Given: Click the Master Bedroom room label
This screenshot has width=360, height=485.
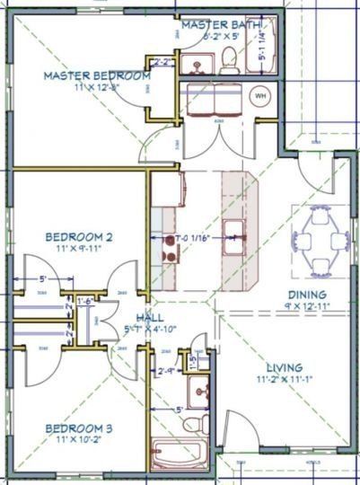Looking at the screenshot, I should tap(96, 76).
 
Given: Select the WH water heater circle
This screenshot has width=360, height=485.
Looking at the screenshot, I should tap(261, 95).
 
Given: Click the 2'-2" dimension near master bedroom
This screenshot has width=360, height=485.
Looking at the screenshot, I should tap(163, 62).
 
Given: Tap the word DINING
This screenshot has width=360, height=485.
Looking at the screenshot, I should tap(306, 295).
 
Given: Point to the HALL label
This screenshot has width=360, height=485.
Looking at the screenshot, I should tap(148, 319).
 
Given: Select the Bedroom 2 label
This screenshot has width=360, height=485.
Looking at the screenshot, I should tap(79, 237).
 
